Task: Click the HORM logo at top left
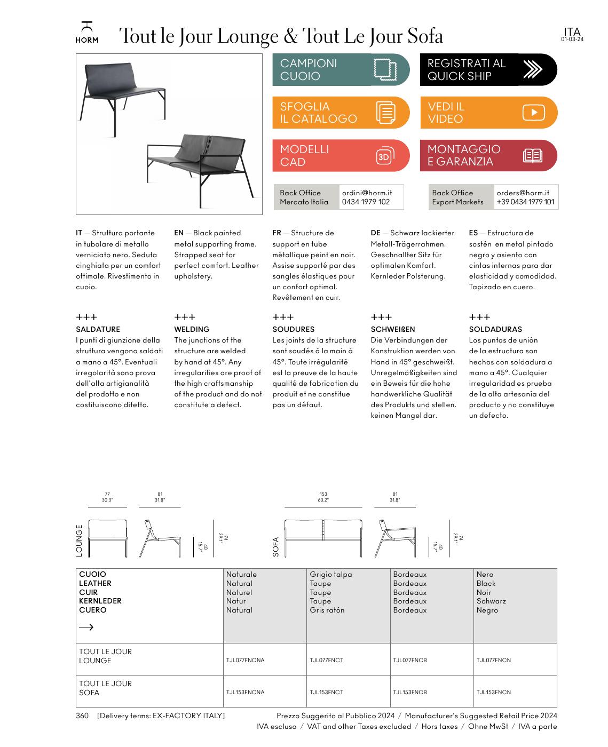click(86, 33)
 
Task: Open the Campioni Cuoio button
click(341, 70)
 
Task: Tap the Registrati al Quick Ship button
click(488, 70)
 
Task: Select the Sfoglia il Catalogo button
click(341, 113)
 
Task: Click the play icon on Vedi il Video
click(533, 113)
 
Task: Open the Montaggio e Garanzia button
click(488, 156)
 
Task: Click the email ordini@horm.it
click(367, 193)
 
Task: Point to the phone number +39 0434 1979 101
click(525, 202)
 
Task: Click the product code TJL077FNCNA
click(245, 660)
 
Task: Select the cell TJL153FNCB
click(410, 692)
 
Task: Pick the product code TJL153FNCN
click(494, 692)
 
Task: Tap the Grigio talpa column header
click(330, 575)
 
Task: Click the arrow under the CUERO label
click(86, 627)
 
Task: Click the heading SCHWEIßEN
click(392, 329)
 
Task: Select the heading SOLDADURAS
click(495, 329)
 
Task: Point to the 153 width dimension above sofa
click(323, 494)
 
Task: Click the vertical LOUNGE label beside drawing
click(80, 541)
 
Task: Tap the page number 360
click(82, 716)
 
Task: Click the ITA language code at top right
click(572, 32)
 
